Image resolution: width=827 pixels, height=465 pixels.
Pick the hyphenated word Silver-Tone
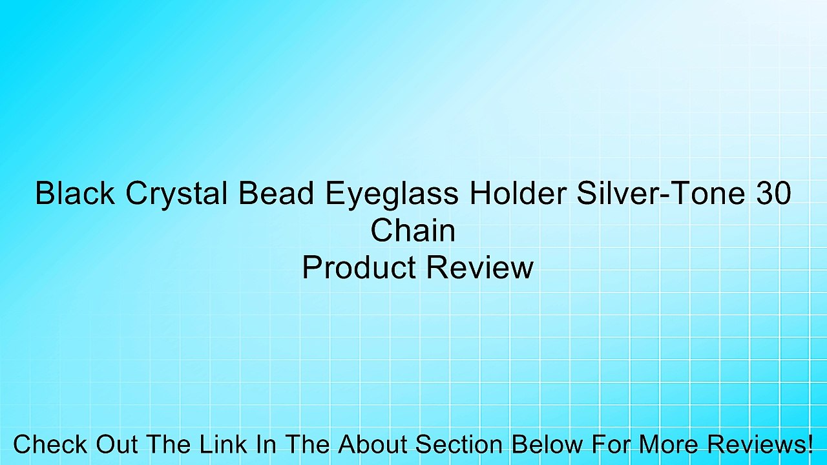pyautogui.click(x=658, y=193)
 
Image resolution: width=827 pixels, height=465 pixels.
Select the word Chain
pyautogui.click(x=413, y=231)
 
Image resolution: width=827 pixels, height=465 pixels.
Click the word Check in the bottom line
pyautogui.click(x=50, y=444)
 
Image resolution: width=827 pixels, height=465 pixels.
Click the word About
pyautogui.click(x=374, y=444)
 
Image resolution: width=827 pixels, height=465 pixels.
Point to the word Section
pyautogui.click(x=459, y=444)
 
